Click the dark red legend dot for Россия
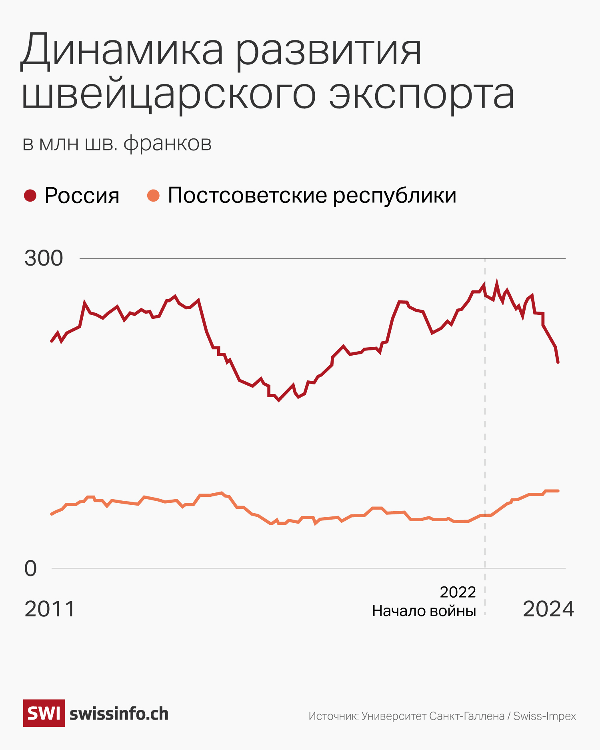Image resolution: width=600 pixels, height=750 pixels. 30,196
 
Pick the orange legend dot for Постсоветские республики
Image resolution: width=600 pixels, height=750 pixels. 153,196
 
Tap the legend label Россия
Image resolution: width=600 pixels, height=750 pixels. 82,196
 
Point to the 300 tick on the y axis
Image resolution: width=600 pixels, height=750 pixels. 44,258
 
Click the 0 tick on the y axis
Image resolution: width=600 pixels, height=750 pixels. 30,568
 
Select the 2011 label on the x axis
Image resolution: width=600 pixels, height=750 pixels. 50,609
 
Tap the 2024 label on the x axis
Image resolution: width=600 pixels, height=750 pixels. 548,609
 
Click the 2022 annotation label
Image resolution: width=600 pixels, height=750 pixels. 458,592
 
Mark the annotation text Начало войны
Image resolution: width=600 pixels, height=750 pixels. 424,611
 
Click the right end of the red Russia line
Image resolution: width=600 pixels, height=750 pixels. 558,362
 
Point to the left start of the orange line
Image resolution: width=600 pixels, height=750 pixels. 52,514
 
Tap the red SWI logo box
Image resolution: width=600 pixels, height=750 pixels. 44,713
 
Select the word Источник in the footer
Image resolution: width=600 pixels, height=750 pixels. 333,716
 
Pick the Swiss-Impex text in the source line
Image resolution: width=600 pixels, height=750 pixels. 544,716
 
